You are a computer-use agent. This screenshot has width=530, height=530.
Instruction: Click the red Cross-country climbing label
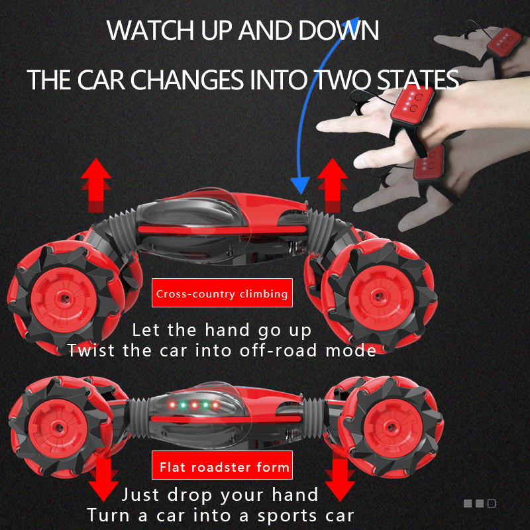[x=222, y=293]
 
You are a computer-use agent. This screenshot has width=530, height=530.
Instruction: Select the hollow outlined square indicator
[x=492, y=503]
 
